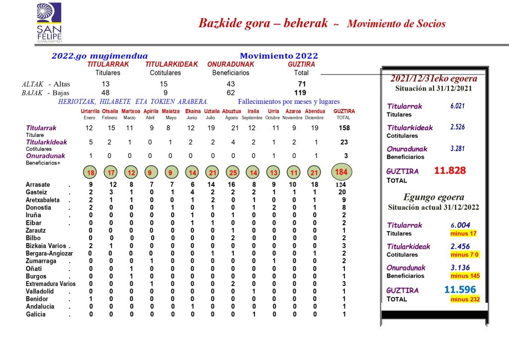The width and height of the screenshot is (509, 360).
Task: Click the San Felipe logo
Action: (x=49, y=23)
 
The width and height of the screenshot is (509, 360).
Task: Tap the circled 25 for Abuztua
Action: (x=232, y=173)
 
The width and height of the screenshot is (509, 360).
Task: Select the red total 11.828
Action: (x=450, y=171)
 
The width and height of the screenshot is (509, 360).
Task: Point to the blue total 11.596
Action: (x=460, y=289)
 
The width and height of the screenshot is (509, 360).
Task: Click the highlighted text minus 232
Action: (x=465, y=299)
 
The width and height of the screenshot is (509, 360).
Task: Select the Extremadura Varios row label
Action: (x=50, y=284)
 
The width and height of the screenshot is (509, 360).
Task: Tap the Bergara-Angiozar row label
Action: (x=48, y=254)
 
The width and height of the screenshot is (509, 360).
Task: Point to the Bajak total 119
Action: (x=300, y=92)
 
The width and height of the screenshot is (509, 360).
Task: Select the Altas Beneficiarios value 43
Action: (x=230, y=84)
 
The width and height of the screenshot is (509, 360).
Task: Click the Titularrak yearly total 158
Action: (x=344, y=128)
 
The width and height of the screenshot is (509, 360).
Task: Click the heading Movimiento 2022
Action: (x=279, y=56)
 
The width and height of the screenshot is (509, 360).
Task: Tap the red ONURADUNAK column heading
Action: (x=231, y=65)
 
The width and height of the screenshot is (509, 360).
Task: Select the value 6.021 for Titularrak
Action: (x=457, y=106)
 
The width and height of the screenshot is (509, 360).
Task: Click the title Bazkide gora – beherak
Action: (x=263, y=23)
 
